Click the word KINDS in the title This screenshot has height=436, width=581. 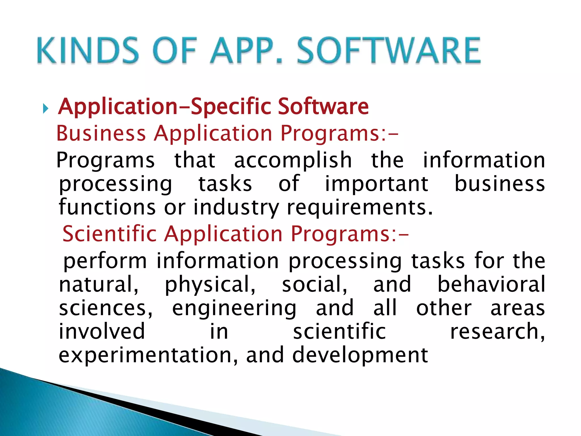pos(88,50)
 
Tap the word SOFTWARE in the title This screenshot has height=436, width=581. pos(389,50)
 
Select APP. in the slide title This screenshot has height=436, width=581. pos(246,50)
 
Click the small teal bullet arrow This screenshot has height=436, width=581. pos(46,108)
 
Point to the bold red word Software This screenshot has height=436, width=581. pos(323,106)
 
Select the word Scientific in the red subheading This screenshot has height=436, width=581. pos(110,233)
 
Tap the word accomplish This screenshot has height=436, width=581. pos(293,160)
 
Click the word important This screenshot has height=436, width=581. pos(376,184)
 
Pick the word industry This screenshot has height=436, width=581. pos(236,207)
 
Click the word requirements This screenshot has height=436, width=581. pos(359,207)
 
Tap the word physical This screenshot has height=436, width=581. pos(210,284)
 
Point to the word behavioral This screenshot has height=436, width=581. pos(491,284)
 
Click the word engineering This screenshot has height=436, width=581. pos(234,308)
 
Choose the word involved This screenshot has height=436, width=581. pos(102,331)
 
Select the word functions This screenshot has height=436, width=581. pos(107,207)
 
